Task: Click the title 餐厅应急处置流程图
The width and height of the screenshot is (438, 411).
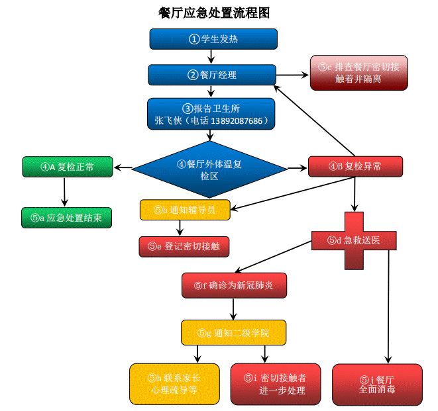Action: tap(214, 13)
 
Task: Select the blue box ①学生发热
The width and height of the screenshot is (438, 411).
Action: tap(213, 39)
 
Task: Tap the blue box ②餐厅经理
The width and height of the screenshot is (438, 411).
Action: tap(212, 75)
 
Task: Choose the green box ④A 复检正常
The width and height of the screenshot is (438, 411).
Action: tap(68, 167)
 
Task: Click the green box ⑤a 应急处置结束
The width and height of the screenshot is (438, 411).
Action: tap(66, 218)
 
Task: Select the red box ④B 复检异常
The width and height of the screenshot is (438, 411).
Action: tap(355, 167)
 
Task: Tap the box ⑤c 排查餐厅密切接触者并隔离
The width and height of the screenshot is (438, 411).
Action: tap(358, 72)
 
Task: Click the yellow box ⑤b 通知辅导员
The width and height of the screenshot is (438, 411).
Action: tap(186, 210)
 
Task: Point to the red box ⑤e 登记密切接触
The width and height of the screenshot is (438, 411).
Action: tap(184, 246)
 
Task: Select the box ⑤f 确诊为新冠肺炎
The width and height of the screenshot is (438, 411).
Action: tap(234, 285)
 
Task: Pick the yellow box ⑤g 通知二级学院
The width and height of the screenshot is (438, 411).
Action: tap(233, 332)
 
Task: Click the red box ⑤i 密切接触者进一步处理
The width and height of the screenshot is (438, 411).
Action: tap(275, 384)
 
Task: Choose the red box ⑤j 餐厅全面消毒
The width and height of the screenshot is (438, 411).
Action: tap(376, 385)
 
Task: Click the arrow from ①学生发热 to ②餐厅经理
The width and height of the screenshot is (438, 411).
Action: tap(211, 56)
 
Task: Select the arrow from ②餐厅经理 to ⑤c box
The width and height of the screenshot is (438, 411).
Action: tap(292, 75)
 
